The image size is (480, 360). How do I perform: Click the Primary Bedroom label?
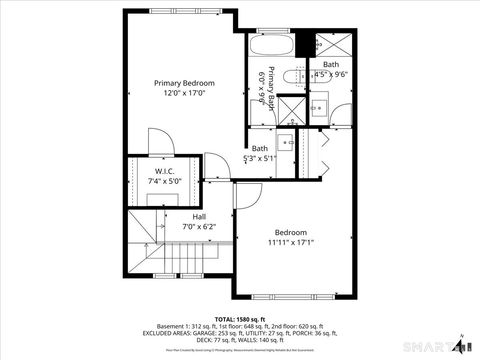tap(183, 83)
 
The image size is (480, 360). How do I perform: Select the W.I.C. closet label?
tap(151, 170)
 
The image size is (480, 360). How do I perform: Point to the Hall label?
tap(199, 216)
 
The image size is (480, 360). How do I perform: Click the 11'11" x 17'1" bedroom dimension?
tap(291, 242)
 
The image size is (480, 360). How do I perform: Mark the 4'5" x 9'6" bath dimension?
tap(331, 74)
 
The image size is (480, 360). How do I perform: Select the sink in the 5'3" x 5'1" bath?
tap(284, 139)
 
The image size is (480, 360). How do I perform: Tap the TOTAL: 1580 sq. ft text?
tap(239, 318)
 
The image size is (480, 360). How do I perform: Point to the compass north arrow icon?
tap(459, 344)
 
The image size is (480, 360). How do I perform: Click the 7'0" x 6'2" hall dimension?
tap(199, 227)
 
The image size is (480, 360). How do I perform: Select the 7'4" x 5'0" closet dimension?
tap(151, 182)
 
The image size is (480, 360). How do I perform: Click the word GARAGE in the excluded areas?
tap(189, 333)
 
